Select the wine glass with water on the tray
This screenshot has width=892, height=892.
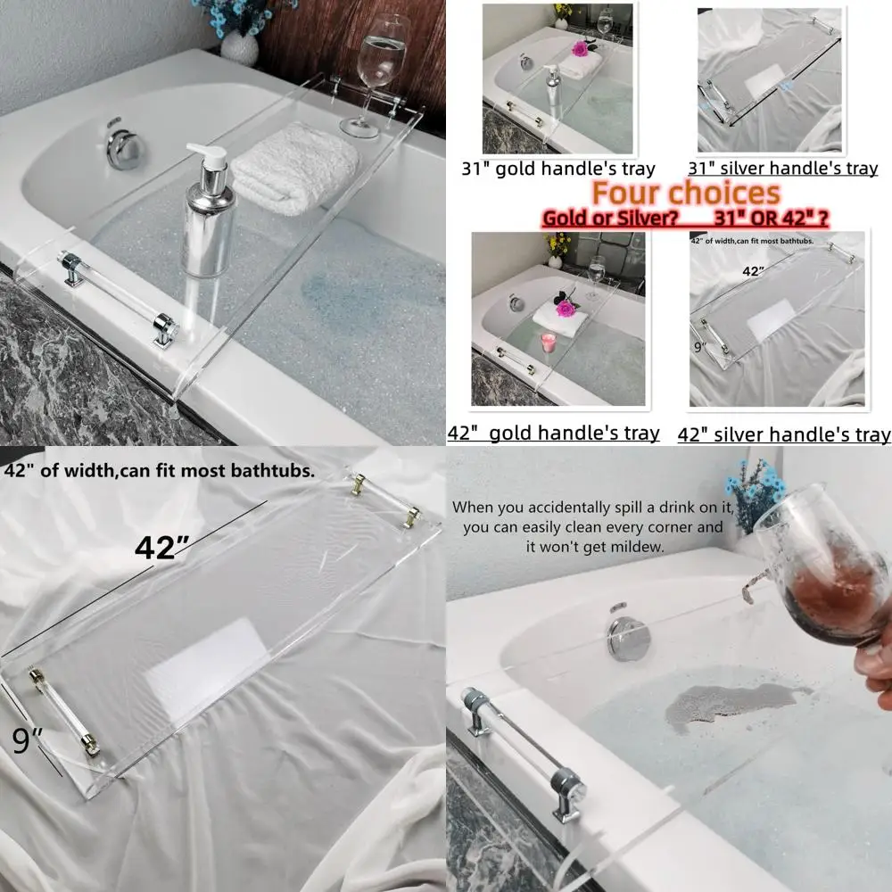point(378,71)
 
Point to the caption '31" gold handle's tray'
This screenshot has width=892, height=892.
point(558,168)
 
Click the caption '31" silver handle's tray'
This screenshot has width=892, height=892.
point(783,168)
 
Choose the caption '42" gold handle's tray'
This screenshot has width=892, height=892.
point(554,434)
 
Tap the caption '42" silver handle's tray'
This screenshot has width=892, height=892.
point(784,434)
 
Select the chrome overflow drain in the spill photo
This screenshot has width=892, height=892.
point(630,637)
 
